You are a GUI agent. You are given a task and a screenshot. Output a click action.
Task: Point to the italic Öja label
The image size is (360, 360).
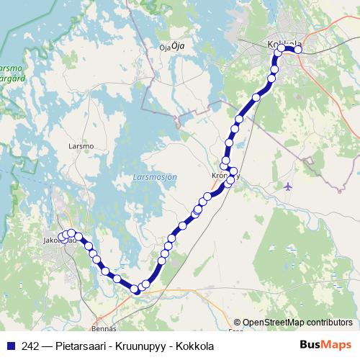179,45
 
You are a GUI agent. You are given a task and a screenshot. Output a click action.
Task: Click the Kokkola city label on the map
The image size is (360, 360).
284,44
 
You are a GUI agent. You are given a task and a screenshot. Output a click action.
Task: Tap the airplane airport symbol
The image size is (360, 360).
289,186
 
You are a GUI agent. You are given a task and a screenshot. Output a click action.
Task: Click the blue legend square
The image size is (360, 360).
9,345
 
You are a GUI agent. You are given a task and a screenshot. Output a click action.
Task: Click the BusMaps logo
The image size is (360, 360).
325,344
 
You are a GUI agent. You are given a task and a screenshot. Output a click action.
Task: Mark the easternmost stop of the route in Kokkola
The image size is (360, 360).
298,50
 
